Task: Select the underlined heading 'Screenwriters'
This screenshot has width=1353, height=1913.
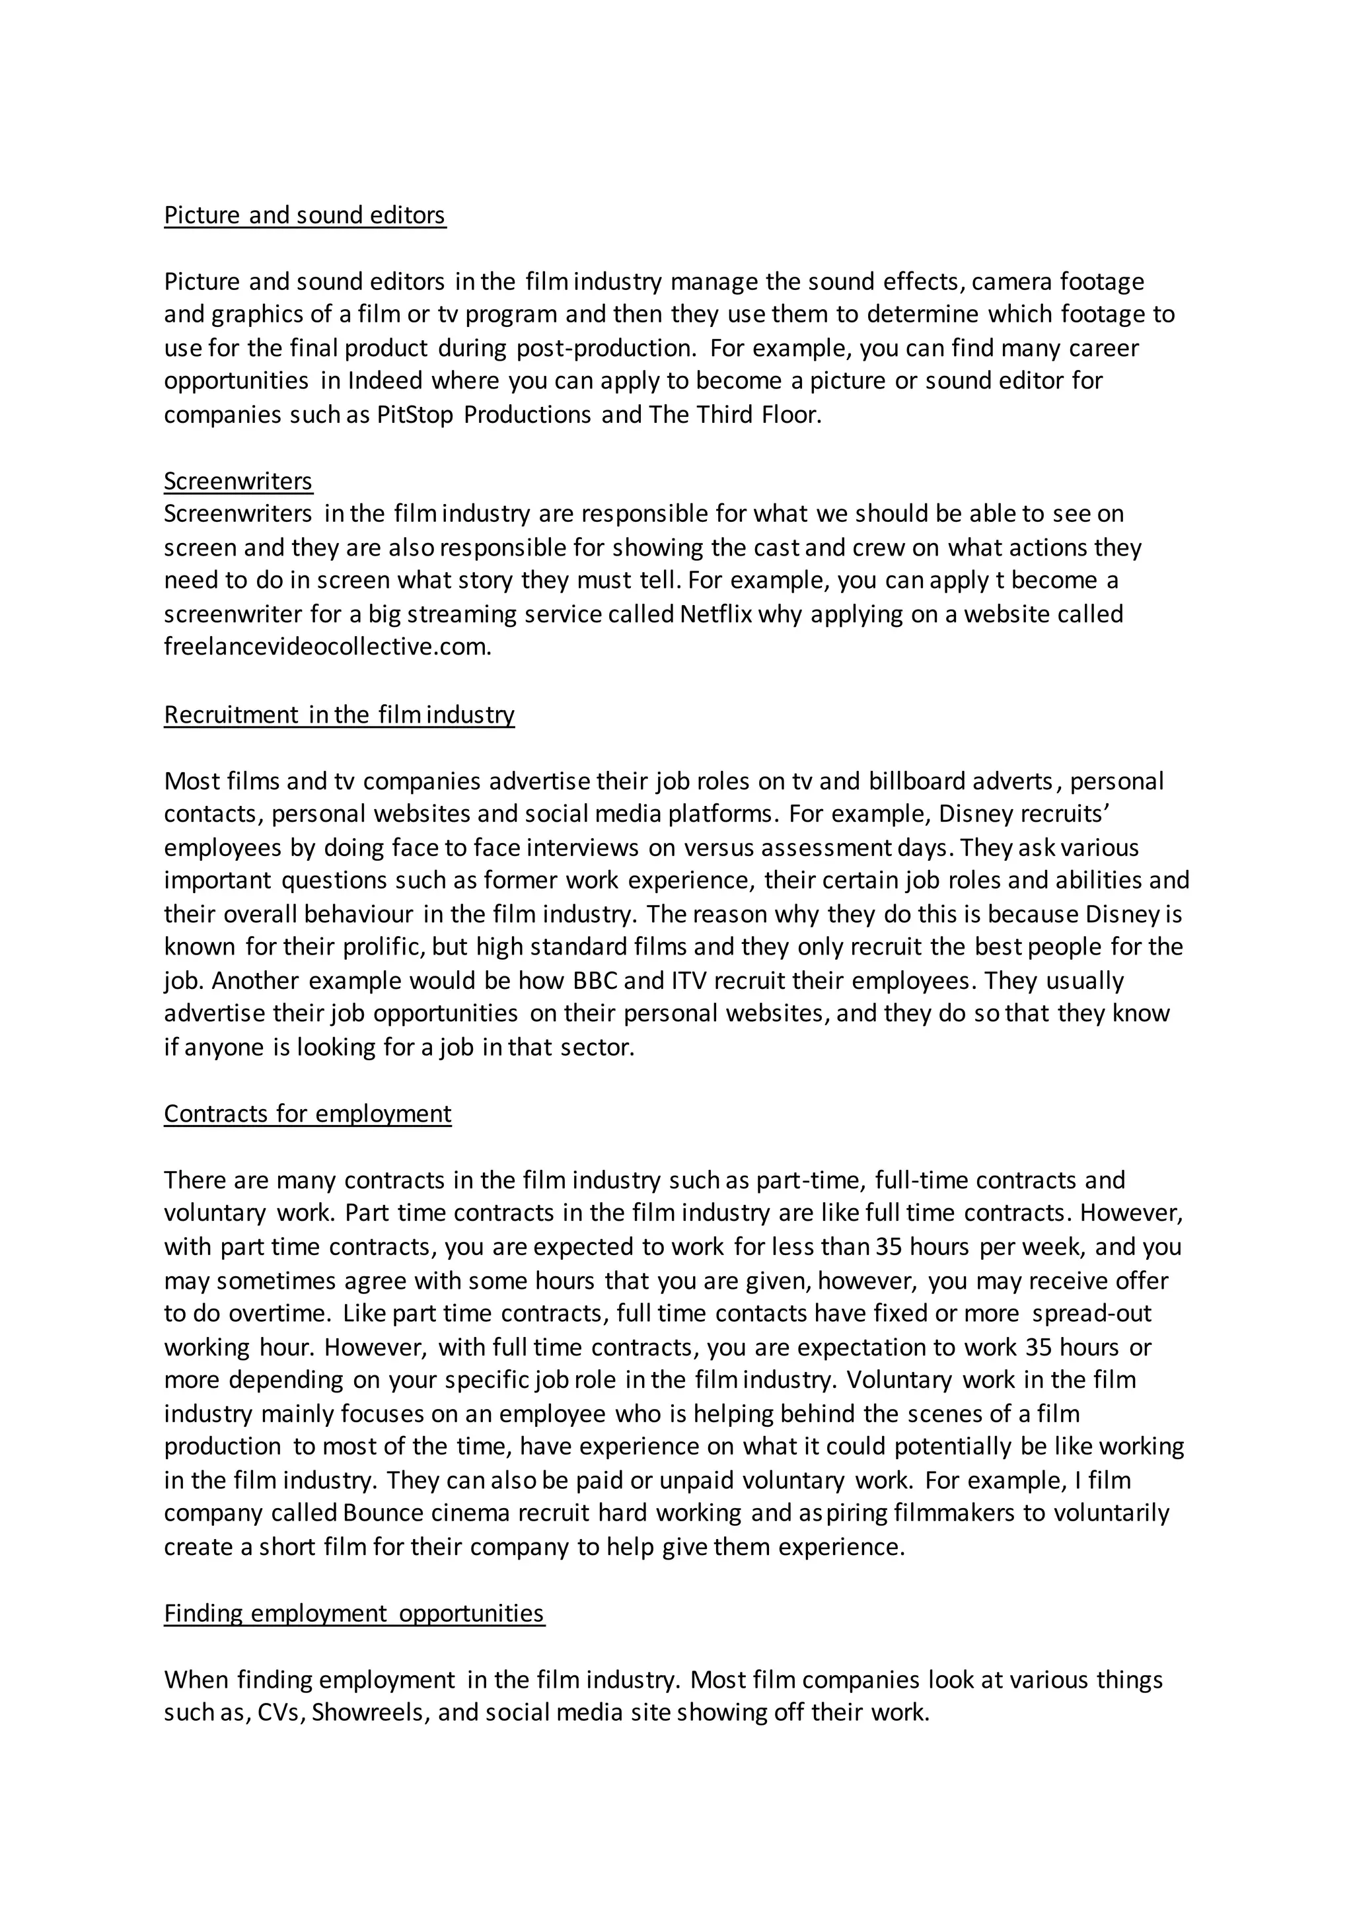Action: coord(238,481)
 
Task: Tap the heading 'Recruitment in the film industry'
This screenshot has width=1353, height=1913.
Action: coord(339,714)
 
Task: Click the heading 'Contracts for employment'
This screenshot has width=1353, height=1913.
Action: coord(307,1113)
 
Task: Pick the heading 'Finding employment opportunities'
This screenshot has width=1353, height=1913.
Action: coord(354,1613)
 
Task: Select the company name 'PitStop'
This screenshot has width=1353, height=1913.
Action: coord(415,414)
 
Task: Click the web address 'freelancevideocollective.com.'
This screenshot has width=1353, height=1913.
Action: coord(328,647)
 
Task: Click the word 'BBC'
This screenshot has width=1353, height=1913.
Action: coord(595,981)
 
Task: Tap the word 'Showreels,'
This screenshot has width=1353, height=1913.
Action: coord(370,1712)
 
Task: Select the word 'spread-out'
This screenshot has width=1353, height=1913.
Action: coord(1091,1313)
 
